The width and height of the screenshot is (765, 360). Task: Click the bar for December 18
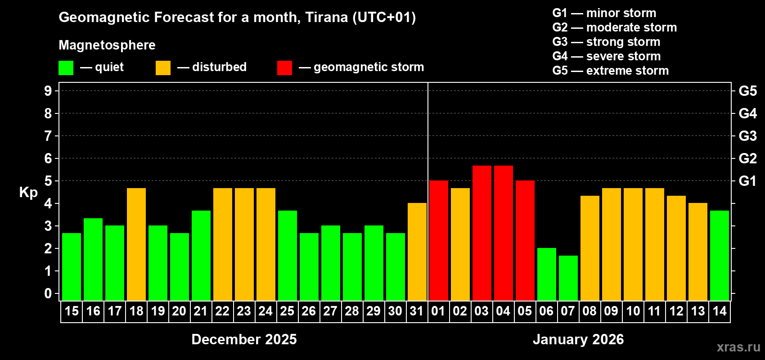coord(136,244)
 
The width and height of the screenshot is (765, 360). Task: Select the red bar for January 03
coord(482,233)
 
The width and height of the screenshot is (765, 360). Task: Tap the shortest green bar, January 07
coord(568,278)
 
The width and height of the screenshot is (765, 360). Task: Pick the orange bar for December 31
coord(417,252)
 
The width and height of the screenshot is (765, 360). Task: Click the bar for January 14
coord(720,255)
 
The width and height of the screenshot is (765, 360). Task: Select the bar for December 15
coord(72,266)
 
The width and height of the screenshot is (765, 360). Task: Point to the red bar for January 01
coord(439,240)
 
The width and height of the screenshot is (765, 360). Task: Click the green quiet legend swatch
coord(66,68)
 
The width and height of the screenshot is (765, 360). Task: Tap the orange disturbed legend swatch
coord(163,68)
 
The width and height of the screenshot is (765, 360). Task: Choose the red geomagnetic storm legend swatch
coord(284,68)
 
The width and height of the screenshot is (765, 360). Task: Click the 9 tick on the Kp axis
coord(48,91)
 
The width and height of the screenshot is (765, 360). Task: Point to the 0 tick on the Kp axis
coord(48,293)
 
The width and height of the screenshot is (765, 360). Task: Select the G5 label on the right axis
coord(747,91)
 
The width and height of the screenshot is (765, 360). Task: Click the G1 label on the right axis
coord(747,181)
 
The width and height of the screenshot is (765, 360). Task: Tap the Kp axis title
coord(28,192)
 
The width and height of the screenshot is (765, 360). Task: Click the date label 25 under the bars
coord(287,311)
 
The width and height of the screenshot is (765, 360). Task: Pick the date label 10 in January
coord(633,311)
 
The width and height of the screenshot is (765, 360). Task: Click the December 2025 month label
coord(244,339)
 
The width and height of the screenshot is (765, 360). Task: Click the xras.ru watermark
coord(738,346)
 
